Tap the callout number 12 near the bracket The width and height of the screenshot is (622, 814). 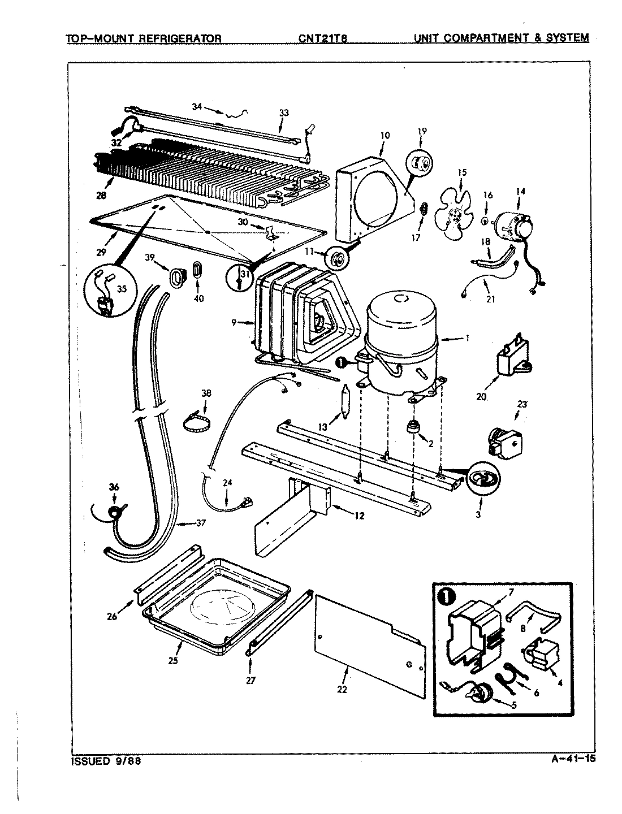point(360,515)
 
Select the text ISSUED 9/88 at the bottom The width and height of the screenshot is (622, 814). point(106,761)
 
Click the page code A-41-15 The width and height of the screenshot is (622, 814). point(572,759)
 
